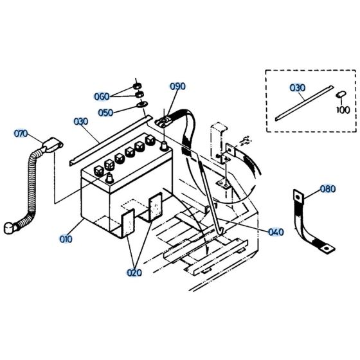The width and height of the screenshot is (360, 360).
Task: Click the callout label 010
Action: coord(66,239)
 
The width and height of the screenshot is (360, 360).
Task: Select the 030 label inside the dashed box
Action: coord(298,87)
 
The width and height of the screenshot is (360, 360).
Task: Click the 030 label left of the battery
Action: coord(81,121)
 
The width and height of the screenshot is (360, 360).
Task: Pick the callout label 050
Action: coord(105,112)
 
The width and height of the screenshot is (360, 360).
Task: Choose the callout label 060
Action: coord(102,97)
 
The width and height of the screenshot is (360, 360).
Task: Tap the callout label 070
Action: coord(21,134)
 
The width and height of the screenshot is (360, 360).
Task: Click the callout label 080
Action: coord(327,189)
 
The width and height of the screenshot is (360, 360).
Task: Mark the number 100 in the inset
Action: coord(343,110)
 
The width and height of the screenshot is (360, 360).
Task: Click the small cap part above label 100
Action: coord(341,95)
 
